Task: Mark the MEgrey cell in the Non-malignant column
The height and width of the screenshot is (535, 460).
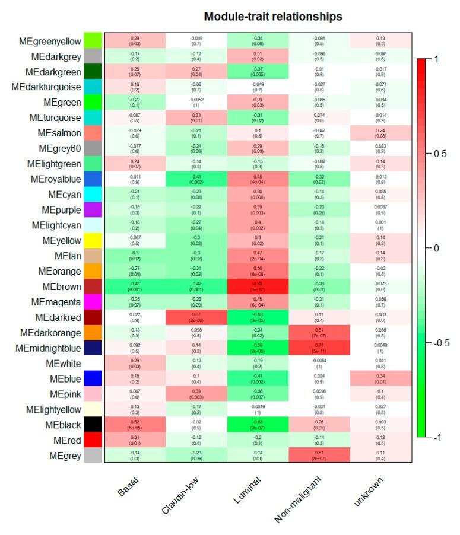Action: coord(319,456)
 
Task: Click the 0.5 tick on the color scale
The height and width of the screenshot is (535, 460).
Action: coord(439,154)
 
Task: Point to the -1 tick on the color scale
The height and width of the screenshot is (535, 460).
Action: coord(438,437)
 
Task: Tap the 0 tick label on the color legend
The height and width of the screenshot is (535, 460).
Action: coord(436,248)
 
